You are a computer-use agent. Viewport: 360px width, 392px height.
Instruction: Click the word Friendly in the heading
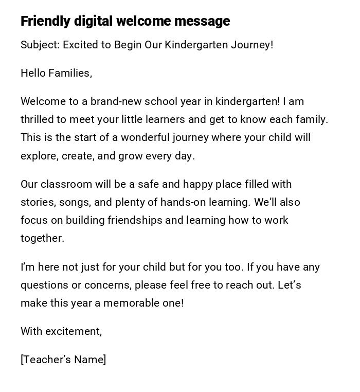(45, 21)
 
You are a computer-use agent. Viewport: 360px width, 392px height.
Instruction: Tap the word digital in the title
(94, 21)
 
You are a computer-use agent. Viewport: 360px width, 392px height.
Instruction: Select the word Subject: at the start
(40, 45)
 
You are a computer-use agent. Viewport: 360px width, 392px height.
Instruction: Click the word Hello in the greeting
(33, 73)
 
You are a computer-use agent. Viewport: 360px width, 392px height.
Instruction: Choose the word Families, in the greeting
(70, 73)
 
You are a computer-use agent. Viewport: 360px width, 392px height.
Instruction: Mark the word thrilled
(37, 119)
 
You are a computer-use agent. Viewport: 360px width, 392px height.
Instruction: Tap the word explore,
(40, 156)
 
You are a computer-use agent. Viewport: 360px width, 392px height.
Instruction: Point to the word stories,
(38, 202)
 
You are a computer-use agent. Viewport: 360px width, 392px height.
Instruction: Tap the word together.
(42, 238)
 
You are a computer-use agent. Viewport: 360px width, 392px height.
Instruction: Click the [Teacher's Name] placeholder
(63, 360)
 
